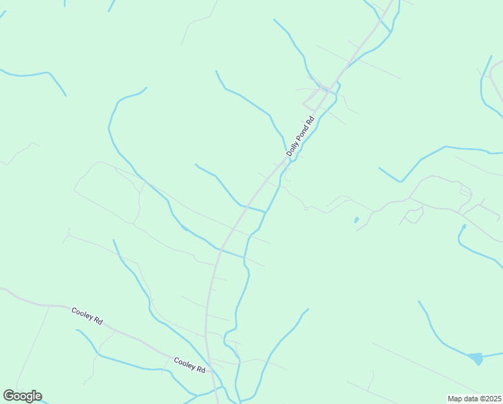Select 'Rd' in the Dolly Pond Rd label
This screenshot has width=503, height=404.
[309, 122]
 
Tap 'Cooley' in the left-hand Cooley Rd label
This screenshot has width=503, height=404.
[82, 314]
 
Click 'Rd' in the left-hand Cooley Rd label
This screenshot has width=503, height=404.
[98, 321]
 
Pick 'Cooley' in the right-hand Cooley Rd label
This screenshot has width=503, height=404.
[184, 363]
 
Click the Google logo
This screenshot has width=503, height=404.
[22, 396]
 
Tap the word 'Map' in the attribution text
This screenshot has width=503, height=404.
[457, 399]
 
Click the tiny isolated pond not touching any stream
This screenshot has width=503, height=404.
[356, 220]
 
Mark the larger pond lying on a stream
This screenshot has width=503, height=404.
[475, 358]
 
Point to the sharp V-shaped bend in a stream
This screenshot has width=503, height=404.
[401, 181]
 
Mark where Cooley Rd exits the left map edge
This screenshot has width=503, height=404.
[1, 290]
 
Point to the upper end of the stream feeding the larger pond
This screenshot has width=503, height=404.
[419, 302]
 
